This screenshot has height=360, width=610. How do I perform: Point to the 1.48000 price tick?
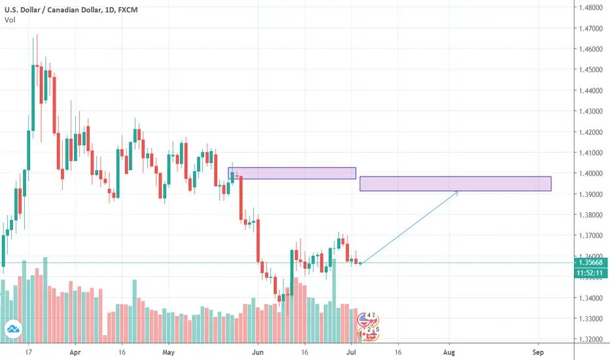(x=591, y=8)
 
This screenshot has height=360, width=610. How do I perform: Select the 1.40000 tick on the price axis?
(x=591, y=173)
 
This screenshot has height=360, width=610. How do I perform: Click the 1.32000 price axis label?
(x=591, y=339)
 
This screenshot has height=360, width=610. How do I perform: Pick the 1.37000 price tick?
(x=591, y=236)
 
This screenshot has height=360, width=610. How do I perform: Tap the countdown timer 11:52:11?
(x=591, y=274)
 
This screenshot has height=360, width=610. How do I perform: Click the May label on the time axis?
(x=169, y=351)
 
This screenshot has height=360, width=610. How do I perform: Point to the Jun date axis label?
(x=259, y=351)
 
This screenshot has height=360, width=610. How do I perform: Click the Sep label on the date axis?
(x=539, y=351)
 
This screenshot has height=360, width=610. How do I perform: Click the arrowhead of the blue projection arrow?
(x=456, y=192)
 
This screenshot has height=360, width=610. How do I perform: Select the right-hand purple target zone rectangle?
(x=455, y=184)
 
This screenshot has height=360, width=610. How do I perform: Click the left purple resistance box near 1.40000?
(x=292, y=173)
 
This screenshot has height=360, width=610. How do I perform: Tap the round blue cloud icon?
(x=12, y=330)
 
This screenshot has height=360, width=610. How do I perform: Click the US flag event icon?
(x=365, y=319)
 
